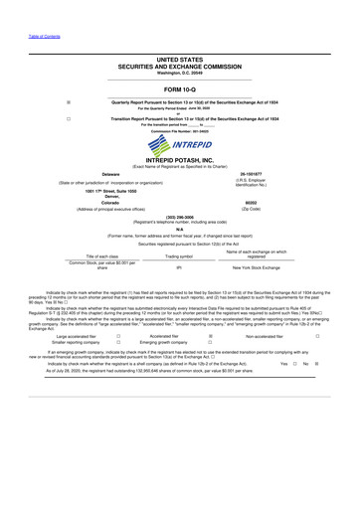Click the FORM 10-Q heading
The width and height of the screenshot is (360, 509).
click(x=180, y=88)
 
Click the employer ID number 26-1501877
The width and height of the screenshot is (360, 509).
click(x=255, y=172)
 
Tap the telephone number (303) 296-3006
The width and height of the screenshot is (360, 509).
click(x=180, y=216)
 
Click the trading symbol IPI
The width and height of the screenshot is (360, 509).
click(x=179, y=267)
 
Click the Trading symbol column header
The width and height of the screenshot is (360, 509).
click(x=179, y=256)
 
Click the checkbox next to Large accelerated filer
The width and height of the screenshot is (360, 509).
click(x=118, y=336)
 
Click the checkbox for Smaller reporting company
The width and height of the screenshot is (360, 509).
click(x=118, y=344)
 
